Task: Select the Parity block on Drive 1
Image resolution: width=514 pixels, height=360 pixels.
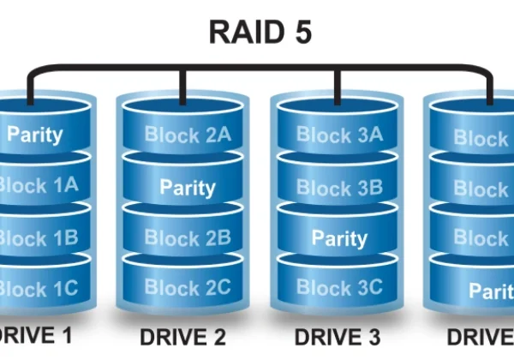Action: coord(35,135)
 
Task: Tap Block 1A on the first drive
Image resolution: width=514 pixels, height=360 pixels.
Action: coord(39,184)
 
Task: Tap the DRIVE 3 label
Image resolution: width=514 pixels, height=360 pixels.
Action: coord(335,337)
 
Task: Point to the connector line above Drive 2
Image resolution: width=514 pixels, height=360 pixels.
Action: coord(182,82)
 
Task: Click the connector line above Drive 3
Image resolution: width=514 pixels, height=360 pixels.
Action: coord(335,82)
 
